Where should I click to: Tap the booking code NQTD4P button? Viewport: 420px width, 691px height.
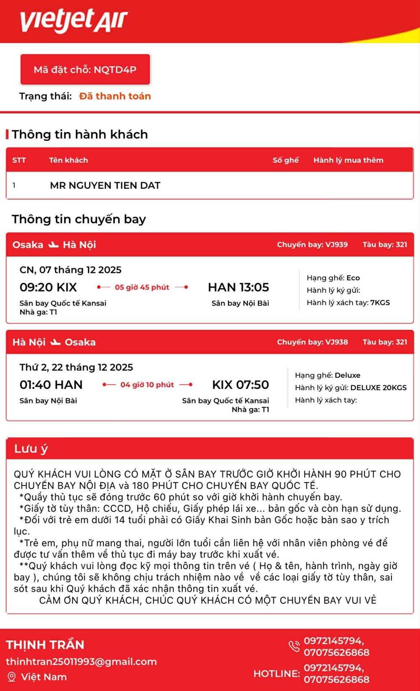(x=85, y=70)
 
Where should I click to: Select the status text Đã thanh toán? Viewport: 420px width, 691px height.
(x=115, y=96)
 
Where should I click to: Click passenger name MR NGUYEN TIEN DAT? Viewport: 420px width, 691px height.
(x=105, y=185)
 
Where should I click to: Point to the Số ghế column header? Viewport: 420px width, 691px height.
(x=285, y=160)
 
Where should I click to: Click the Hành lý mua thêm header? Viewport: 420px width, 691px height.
(x=348, y=160)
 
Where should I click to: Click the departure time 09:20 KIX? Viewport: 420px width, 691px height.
(x=48, y=287)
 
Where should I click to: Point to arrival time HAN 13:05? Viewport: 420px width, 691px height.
(x=238, y=287)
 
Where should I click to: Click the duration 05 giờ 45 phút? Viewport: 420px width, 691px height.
(x=142, y=287)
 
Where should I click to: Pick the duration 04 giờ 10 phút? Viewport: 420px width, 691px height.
(x=147, y=385)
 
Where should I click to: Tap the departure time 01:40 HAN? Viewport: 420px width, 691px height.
(x=51, y=385)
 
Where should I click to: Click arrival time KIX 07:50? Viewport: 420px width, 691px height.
(x=240, y=385)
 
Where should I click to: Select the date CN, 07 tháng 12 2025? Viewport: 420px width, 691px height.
(x=70, y=270)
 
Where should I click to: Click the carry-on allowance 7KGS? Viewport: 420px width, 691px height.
(x=380, y=303)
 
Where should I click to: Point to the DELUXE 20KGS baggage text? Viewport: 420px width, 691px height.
(x=378, y=388)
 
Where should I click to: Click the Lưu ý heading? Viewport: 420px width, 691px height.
(x=31, y=449)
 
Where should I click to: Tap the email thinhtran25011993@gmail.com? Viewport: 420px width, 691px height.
(x=81, y=662)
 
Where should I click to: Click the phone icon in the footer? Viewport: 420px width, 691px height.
(x=294, y=646)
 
